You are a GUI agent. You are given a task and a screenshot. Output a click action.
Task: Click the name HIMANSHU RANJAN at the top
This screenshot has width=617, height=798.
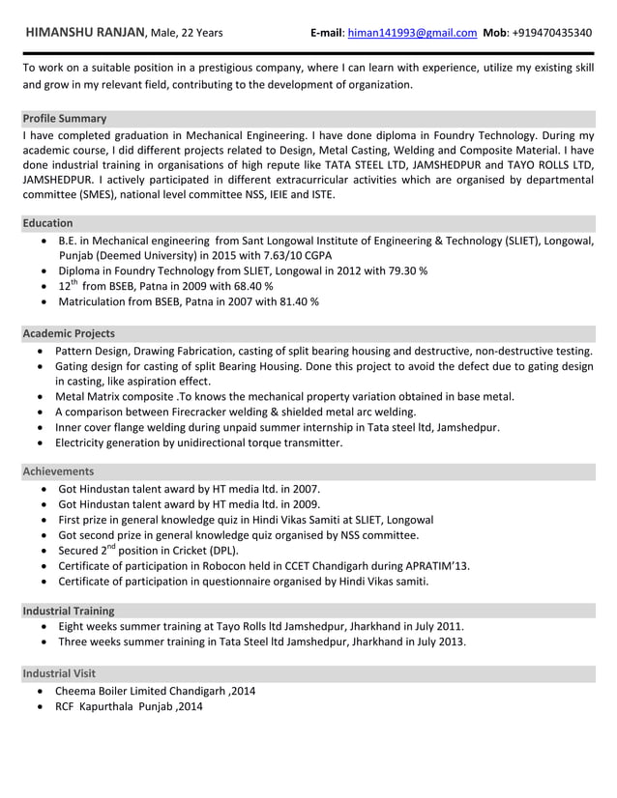84,32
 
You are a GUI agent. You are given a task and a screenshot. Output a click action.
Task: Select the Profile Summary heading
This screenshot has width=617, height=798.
65,119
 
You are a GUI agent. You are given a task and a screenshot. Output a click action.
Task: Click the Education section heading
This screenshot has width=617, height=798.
47,223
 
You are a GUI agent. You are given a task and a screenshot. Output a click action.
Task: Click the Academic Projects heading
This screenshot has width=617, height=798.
69,333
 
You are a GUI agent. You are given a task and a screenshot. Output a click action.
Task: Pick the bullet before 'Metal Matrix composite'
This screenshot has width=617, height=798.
40,397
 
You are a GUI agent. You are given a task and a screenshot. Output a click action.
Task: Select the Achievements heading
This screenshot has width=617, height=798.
58,471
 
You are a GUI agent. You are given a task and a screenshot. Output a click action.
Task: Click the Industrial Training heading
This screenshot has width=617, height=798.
69,611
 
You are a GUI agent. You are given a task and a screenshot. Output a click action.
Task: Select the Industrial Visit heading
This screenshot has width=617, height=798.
59,672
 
